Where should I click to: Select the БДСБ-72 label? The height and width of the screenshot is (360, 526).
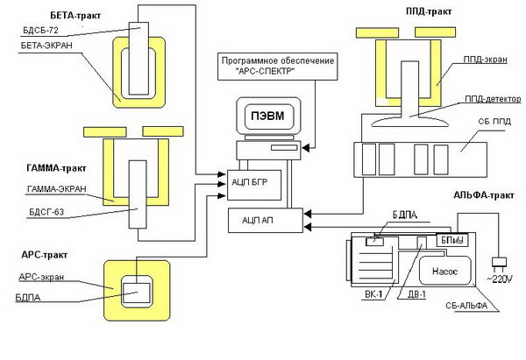[x=39, y=30]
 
